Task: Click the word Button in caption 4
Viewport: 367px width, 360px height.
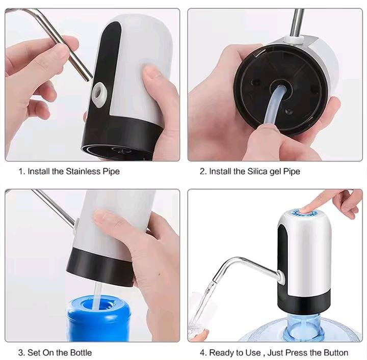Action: pyautogui.click(x=335, y=352)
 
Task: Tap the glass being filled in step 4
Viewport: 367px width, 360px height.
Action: pyautogui.click(x=196, y=328)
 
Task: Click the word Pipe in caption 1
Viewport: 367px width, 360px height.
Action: pyautogui.click(x=111, y=171)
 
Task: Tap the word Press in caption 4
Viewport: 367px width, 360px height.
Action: pyautogui.click(x=309, y=352)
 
